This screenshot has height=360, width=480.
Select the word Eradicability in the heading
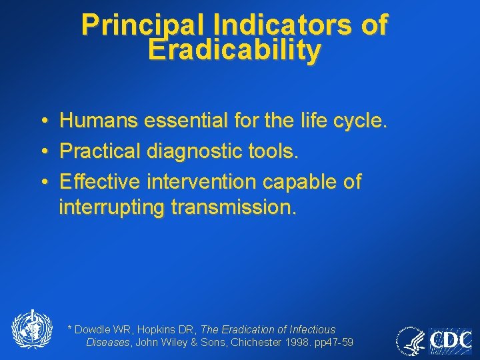(x=235, y=50)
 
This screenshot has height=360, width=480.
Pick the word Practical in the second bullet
(x=98, y=151)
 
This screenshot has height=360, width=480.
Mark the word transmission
(x=232, y=207)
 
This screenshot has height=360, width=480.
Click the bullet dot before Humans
(x=43, y=121)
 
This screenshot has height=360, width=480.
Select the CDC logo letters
(x=451, y=341)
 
